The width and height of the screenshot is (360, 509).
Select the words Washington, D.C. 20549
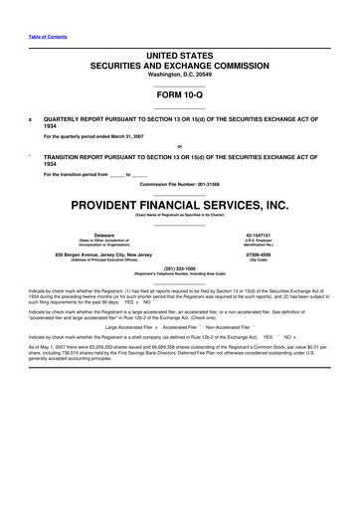point(179,74)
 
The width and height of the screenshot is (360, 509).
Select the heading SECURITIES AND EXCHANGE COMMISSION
point(179,63)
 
